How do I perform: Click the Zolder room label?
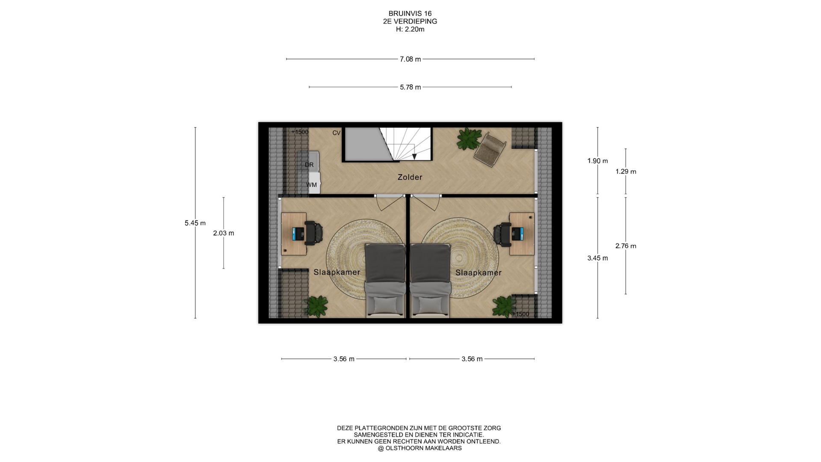click(x=410, y=177)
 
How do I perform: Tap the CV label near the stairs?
click(x=337, y=133)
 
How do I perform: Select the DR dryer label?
click(x=309, y=165)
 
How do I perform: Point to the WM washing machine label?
click(x=311, y=185)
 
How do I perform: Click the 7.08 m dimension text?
click(x=410, y=59)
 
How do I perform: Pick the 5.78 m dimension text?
click(x=410, y=87)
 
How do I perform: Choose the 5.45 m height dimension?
click(x=195, y=223)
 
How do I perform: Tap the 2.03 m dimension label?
click(x=224, y=233)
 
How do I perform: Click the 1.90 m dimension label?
click(x=597, y=161)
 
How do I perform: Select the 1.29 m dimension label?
click(x=626, y=172)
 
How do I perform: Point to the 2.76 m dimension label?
click(x=626, y=246)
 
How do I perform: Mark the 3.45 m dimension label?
click(x=597, y=258)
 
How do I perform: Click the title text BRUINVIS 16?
click(x=410, y=14)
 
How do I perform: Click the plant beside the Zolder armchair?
click(x=468, y=139)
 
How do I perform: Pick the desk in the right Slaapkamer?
click(x=522, y=234)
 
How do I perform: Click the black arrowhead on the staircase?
click(x=414, y=157)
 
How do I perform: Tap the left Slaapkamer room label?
click(x=337, y=272)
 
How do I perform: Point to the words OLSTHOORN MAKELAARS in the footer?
click(x=423, y=448)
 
